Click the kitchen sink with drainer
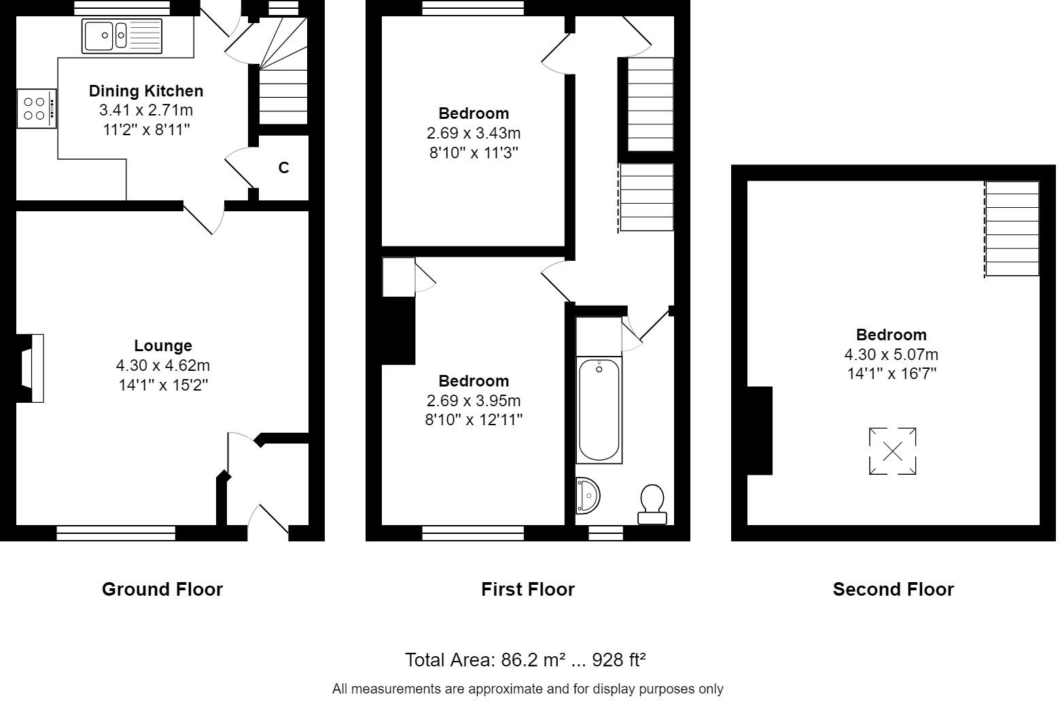(122, 35)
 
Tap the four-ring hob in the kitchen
(37, 109)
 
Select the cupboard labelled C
(283, 168)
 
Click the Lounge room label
(163, 346)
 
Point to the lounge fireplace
(31, 368)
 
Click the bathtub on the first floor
(599, 410)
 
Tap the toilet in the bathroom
(652, 504)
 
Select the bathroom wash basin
(588, 496)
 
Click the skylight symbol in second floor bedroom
(892, 451)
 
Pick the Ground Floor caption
(162, 590)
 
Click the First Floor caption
(528, 590)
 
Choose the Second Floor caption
(893, 590)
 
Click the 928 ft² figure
(619, 660)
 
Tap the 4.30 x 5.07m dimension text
(891, 355)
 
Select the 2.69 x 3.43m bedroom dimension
(473, 133)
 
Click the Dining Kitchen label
(146, 91)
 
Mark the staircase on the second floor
(1012, 229)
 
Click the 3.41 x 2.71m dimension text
(146, 110)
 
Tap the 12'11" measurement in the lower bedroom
(502, 420)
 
